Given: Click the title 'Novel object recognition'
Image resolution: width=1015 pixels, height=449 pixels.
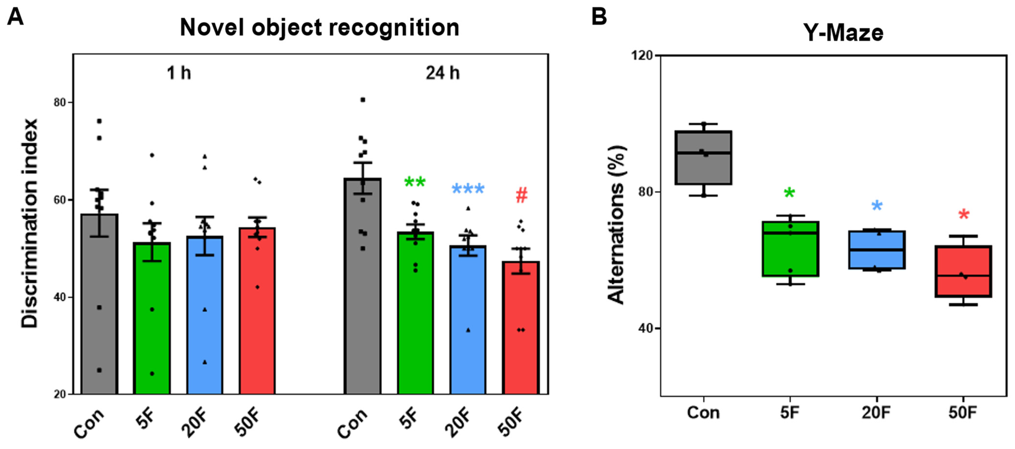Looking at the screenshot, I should click(319, 28).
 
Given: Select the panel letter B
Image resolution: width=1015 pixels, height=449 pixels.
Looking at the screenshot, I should click(599, 17).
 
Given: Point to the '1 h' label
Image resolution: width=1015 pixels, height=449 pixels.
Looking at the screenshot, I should click(179, 73).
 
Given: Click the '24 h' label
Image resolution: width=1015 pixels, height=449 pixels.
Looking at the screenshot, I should click(443, 73).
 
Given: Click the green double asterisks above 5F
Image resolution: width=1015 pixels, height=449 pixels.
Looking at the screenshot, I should click(415, 182).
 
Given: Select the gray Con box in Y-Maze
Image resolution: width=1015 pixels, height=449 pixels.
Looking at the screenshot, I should click(703, 158).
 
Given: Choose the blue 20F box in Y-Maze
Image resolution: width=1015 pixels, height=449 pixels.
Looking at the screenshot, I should click(877, 250).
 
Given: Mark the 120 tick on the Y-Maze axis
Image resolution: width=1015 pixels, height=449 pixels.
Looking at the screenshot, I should click(642, 55).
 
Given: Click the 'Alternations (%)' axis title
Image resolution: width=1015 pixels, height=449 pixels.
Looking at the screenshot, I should click(617, 225).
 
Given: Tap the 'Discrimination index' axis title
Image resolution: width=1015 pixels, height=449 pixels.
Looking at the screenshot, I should click(30, 223).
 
